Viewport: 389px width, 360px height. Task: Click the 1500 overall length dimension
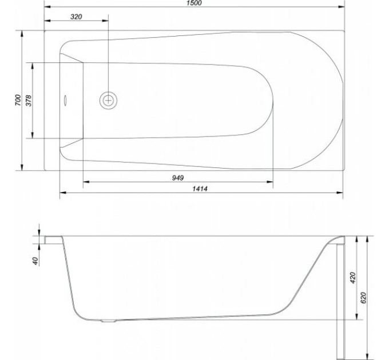[194, 3]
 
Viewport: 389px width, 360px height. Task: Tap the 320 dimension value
[76, 17]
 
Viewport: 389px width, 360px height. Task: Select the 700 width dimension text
[18, 100]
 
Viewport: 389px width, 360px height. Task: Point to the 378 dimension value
[29, 101]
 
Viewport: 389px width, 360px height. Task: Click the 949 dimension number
[178, 178]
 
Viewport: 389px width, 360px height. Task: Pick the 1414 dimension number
[200, 189]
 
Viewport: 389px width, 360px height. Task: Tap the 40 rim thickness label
[35, 261]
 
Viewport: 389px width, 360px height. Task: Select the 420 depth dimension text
[352, 278]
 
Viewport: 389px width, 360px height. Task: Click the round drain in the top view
[109, 101]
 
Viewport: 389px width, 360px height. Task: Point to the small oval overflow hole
[65, 101]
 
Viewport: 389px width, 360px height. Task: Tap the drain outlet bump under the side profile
[109, 321]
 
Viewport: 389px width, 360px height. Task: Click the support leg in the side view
[340, 302]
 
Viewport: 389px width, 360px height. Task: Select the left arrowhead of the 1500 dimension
[47, 7]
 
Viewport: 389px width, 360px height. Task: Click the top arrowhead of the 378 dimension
[33, 66]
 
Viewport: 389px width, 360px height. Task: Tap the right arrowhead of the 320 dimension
[105, 21]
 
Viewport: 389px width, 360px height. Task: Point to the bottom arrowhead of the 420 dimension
[357, 316]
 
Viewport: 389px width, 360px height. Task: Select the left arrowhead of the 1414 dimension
[63, 193]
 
